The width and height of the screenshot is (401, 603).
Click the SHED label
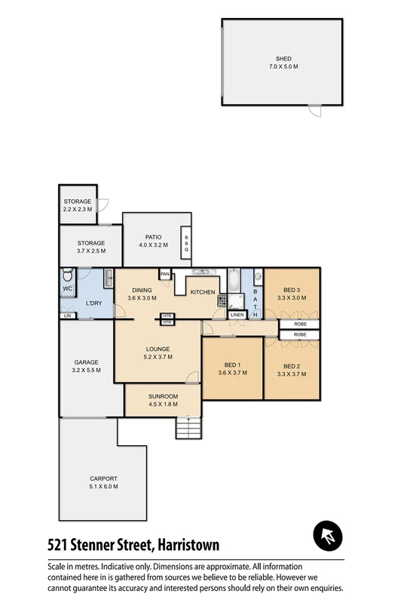pyautogui.click(x=283, y=59)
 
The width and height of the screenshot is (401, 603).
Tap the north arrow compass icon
pyautogui.click(x=328, y=537)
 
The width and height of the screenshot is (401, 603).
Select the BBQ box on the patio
pyautogui.click(x=186, y=244)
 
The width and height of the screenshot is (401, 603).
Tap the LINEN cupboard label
pyautogui.click(x=237, y=315)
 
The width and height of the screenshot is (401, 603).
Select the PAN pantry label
pyautogui.click(x=165, y=274)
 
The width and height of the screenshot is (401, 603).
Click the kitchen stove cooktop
pyautogui.click(x=222, y=300)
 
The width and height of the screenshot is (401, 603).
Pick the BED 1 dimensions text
pyautogui.click(x=232, y=372)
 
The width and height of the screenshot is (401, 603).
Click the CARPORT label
pyautogui.click(x=103, y=478)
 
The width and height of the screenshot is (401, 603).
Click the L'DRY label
pyautogui.click(x=93, y=303)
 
